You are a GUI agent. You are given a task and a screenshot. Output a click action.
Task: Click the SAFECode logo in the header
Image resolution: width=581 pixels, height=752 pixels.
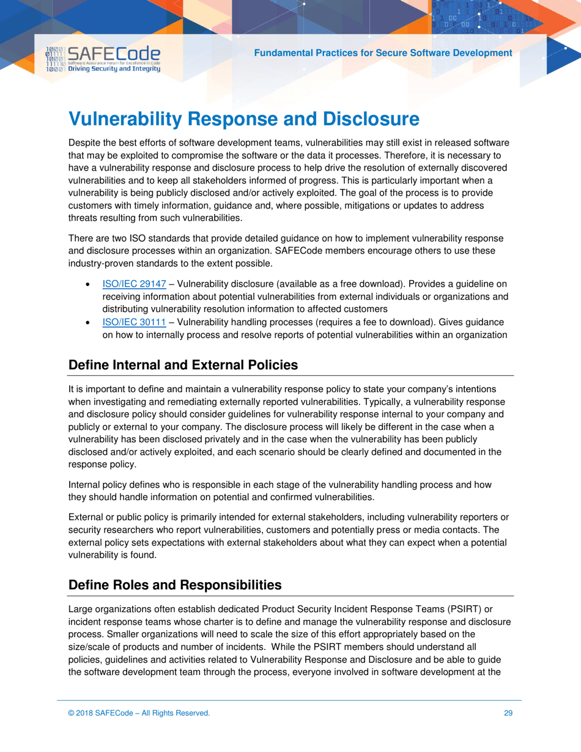pyautogui.click(x=114, y=54)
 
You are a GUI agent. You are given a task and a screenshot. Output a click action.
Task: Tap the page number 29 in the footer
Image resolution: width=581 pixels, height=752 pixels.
pyautogui.click(x=508, y=712)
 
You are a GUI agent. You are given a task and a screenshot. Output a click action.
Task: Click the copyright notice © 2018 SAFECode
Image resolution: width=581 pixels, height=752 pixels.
pyautogui.click(x=139, y=712)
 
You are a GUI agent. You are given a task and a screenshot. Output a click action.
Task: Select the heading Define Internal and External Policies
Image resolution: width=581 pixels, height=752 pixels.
pyautogui.click(x=183, y=365)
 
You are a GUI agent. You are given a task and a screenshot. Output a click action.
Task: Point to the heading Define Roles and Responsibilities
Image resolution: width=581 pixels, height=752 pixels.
pyautogui.click(x=175, y=585)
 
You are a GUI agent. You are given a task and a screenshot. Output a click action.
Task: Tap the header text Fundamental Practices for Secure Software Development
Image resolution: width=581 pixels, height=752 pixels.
pyautogui.click(x=383, y=53)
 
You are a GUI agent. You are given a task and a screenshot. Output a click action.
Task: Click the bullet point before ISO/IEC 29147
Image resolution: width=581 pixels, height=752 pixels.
pyautogui.click(x=91, y=285)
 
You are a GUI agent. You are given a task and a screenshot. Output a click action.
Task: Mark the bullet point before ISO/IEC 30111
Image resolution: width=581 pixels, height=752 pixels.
pyautogui.click(x=91, y=323)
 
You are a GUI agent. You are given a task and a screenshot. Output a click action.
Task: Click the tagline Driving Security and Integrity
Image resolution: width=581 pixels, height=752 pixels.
pyautogui.click(x=114, y=68)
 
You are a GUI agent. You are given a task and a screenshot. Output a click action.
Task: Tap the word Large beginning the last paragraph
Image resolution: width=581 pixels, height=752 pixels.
pyautogui.click(x=80, y=609)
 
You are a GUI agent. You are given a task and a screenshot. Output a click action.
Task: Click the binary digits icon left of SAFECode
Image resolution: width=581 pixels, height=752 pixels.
pyautogui.click(x=55, y=59)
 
